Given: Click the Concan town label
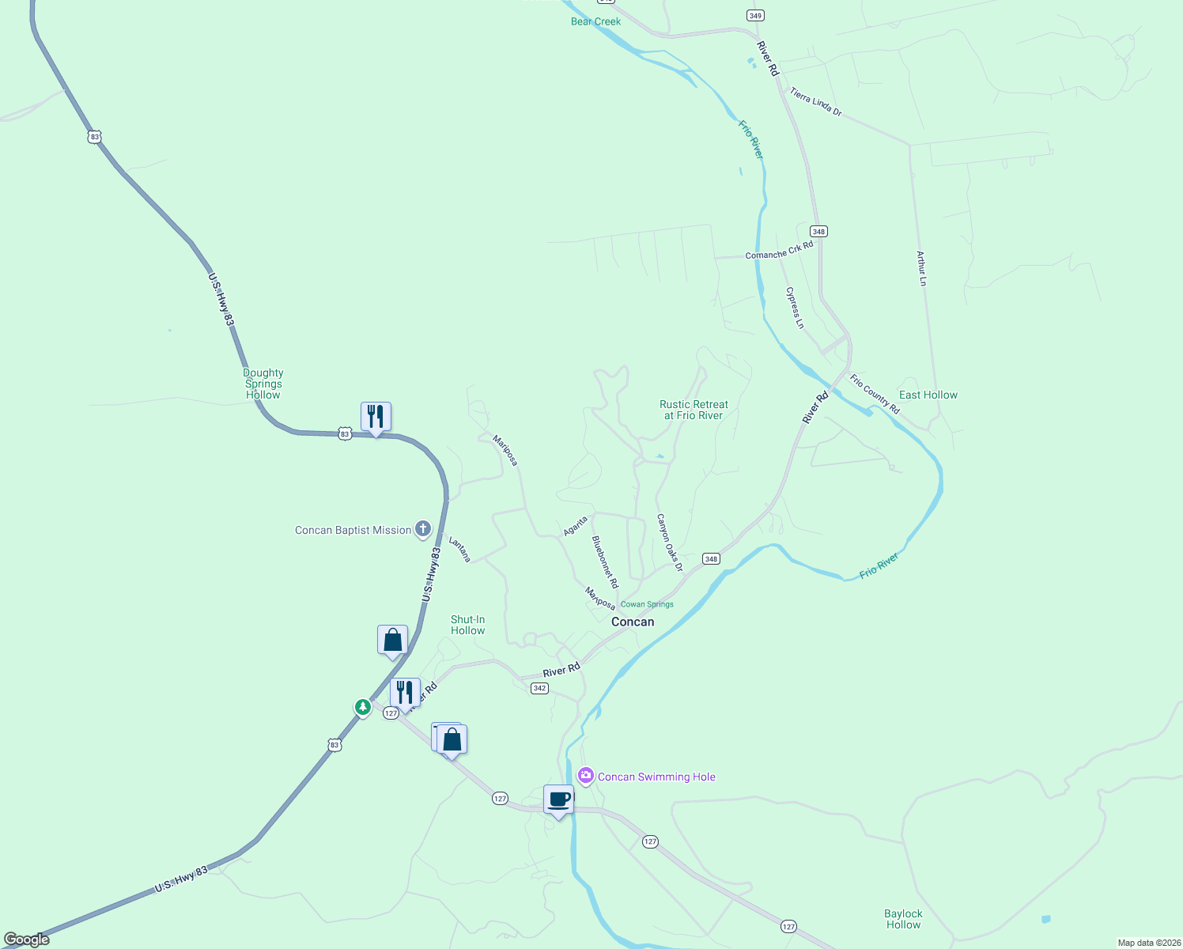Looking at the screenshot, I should (x=633, y=622).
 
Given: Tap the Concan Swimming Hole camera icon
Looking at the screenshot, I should (x=586, y=776).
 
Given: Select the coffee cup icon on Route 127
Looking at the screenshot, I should (x=558, y=800).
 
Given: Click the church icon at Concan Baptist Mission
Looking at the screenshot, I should (x=423, y=529).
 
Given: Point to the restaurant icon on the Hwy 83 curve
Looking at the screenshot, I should (x=376, y=417).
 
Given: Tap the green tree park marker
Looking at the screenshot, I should (x=363, y=707).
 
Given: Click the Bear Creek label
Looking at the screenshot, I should (x=595, y=21).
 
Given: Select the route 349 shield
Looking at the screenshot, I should (x=755, y=16).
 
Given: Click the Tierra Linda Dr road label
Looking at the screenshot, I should (x=815, y=102).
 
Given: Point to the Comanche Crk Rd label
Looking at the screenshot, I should (x=779, y=251).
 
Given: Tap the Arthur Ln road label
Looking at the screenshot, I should (x=921, y=268).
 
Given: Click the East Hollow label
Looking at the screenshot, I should (x=928, y=395).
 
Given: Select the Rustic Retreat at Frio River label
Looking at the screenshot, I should (x=694, y=410).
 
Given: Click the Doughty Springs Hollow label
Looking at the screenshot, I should (x=263, y=384).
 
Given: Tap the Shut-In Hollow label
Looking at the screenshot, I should (x=467, y=625).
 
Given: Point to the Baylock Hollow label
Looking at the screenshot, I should (x=903, y=919).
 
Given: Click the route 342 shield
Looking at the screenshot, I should (x=539, y=688).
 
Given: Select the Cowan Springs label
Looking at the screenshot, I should (x=647, y=604).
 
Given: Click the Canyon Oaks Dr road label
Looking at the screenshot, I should (x=669, y=543).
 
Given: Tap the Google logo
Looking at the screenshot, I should (x=27, y=939).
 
